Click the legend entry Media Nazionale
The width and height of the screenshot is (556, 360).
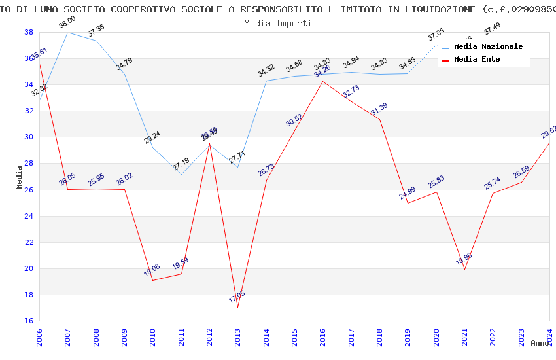(x=488, y=47)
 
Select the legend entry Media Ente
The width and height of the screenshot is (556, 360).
(x=477, y=60)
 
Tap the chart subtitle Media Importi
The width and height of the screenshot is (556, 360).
(x=277, y=23)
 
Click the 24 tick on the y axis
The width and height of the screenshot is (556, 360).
(x=29, y=216)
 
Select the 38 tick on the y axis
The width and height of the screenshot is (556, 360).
(x=29, y=32)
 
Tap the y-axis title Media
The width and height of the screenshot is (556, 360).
(x=20, y=177)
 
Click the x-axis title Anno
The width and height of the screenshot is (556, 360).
(x=540, y=343)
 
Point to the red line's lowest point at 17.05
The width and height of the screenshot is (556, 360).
(x=238, y=307)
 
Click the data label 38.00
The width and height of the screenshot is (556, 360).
(x=67, y=22)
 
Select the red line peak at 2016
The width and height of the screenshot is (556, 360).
(x=323, y=81)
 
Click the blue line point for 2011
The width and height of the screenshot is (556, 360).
(x=181, y=174)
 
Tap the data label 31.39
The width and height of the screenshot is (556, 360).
(x=379, y=109)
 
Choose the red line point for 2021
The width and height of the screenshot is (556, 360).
(x=464, y=269)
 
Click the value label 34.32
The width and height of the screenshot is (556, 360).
(x=266, y=71)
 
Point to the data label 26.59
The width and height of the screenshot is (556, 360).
(x=521, y=173)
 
